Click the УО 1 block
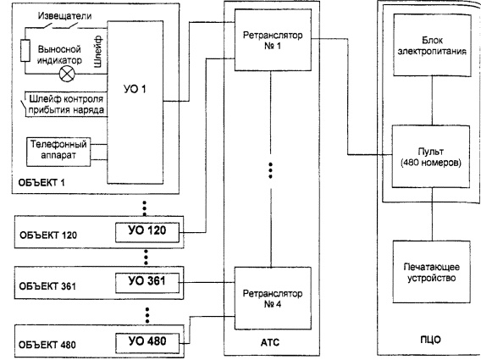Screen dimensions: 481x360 click(135, 102)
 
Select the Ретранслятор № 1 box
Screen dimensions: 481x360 click(273, 40)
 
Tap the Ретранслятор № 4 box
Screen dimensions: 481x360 click(273, 298)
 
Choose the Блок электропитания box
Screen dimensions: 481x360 click(432, 45)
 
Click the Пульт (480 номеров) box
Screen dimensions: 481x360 click(431, 157)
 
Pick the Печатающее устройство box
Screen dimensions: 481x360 click(432, 272)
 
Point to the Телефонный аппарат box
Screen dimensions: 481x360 click(58, 152)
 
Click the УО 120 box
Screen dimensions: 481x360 click(147, 232)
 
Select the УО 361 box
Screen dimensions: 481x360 click(147, 283)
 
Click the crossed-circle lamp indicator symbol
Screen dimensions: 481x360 click(67, 74)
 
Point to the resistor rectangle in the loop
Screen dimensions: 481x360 click(25, 51)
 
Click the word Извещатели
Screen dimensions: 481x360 click(64, 15)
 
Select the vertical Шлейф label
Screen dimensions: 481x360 click(98, 52)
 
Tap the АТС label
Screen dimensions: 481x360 click(270, 342)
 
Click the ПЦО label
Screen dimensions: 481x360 click(431, 340)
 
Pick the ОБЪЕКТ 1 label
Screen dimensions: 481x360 click(41, 183)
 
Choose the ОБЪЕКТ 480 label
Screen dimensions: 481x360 click(47, 345)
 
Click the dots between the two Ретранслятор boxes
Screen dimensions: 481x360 click(270, 170)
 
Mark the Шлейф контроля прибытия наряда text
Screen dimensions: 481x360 click(66, 104)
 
